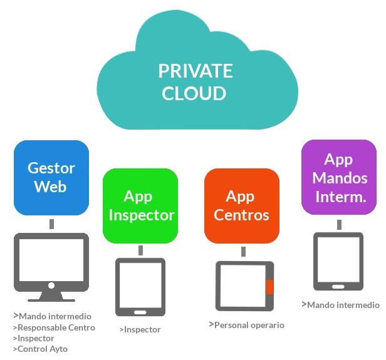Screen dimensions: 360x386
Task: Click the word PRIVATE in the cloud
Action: (195, 71)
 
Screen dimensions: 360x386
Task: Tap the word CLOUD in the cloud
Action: (194, 93)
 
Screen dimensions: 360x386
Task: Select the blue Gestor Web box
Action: (51, 177)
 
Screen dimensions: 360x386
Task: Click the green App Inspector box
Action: (140, 205)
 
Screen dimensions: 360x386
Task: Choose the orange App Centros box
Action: (241, 205)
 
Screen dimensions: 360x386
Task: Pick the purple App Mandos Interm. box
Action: (339, 178)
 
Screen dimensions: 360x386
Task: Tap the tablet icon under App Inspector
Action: (140, 287)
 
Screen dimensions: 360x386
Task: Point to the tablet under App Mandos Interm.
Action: (338, 261)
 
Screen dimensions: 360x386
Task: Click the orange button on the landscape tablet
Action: (269, 287)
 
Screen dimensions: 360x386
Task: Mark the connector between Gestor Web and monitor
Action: (51, 224)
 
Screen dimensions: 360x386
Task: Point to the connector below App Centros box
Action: (243, 252)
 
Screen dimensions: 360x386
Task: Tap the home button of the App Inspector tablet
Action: (140, 312)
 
